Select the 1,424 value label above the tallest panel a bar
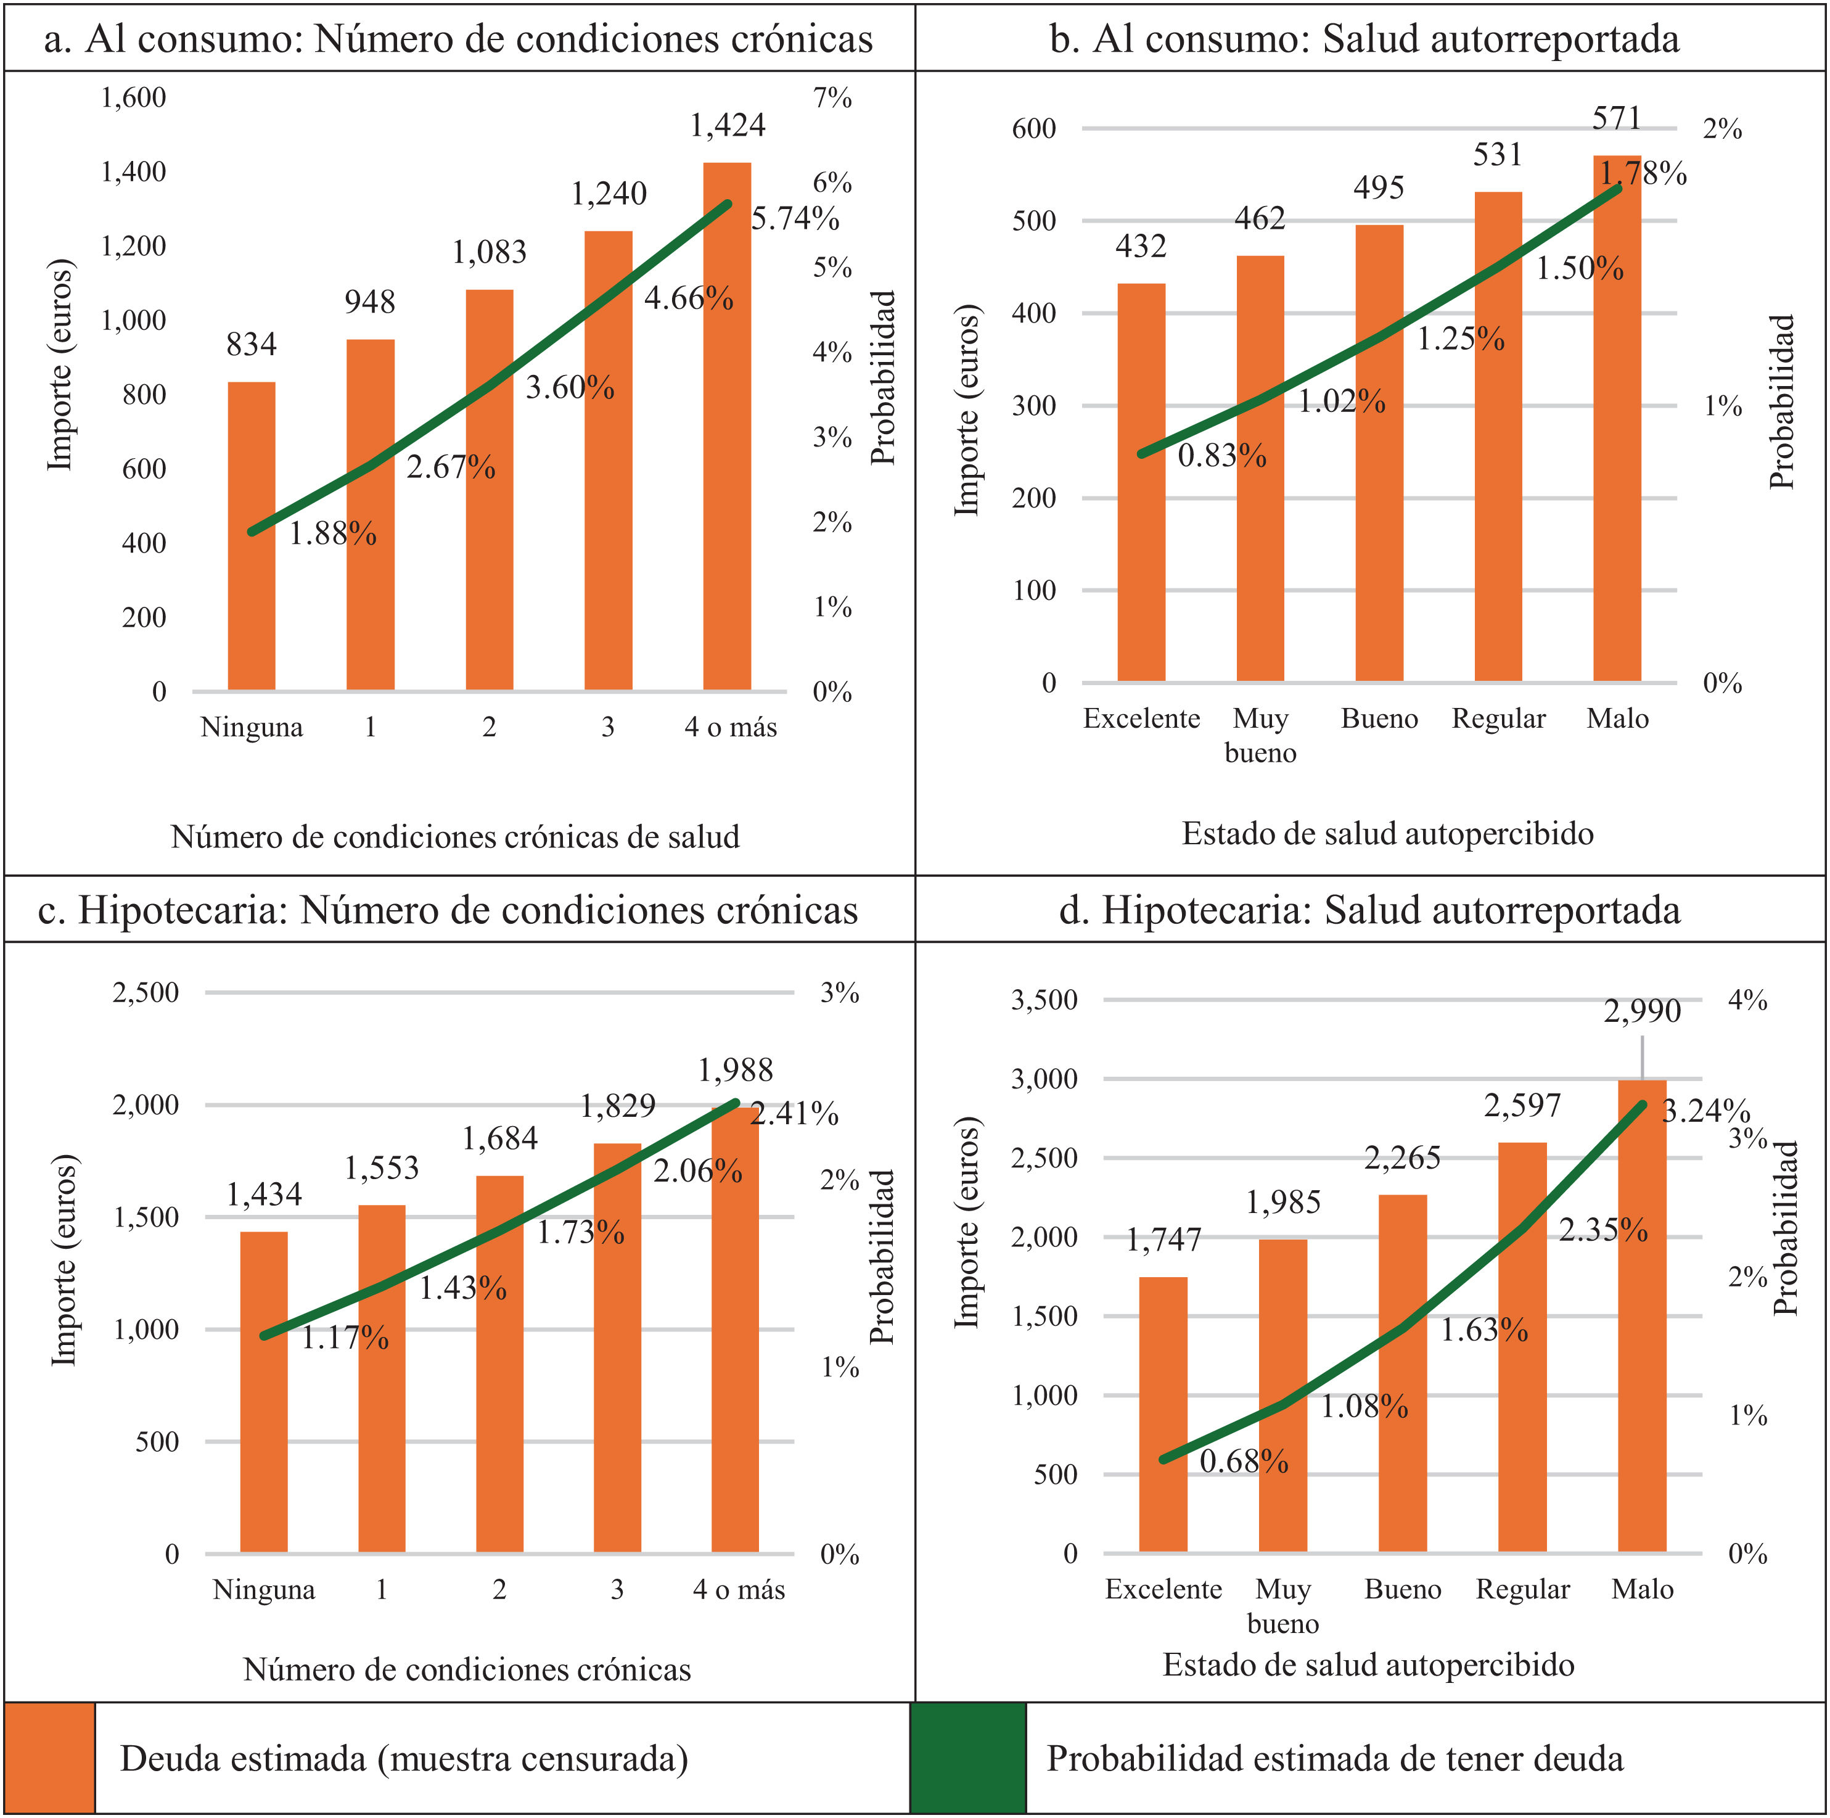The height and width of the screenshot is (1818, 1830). point(728,125)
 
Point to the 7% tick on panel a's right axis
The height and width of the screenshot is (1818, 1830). point(832,97)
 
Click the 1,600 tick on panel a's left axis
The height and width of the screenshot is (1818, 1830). point(134,97)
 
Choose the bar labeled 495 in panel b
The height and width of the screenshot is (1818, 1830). point(1379,453)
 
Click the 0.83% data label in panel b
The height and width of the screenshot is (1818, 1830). point(1222,456)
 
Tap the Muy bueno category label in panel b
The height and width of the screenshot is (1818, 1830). point(1261,735)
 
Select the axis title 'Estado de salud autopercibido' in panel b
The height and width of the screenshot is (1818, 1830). point(1388,834)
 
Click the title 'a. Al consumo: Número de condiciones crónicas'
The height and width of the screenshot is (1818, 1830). point(459,39)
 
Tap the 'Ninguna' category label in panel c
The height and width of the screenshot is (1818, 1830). point(265,1589)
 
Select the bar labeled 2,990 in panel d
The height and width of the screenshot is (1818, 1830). point(1643,1316)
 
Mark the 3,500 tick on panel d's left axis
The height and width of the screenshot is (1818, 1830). point(1044,1000)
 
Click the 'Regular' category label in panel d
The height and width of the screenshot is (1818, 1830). point(1523,1589)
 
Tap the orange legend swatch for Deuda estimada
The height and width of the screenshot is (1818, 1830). point(49,1758)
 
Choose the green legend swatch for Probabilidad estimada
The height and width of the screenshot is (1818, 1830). point(968,1758)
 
